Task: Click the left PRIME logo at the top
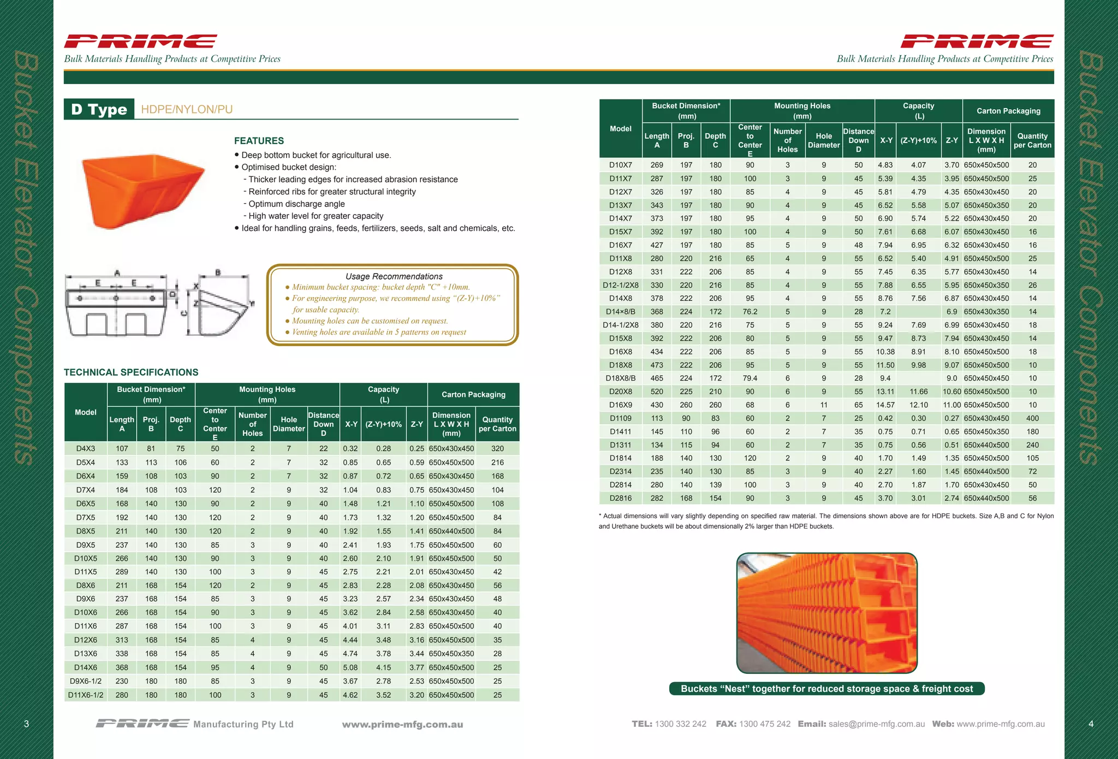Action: [140, 41]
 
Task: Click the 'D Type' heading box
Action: [99, 109]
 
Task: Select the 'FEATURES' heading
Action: [259, 140]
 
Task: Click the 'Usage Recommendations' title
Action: [394, 276]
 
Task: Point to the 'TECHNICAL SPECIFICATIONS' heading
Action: [131, 372]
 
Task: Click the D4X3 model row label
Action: [86, 449]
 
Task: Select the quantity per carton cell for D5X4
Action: [497, 462]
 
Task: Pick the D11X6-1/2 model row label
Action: [86, 695]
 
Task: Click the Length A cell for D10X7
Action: [657, 165]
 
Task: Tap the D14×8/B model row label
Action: [621, 312]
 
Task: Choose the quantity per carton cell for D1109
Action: [1032, 418]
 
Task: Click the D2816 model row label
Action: [621, 498]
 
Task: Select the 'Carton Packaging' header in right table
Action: [1008, 111]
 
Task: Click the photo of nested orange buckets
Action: [826, 613]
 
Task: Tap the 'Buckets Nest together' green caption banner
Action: [826, 689]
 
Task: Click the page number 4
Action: [1091, 724]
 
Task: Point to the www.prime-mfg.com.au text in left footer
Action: [402, 725]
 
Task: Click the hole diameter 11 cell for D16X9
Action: [824, 405]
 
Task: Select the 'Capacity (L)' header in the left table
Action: [383, 394]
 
